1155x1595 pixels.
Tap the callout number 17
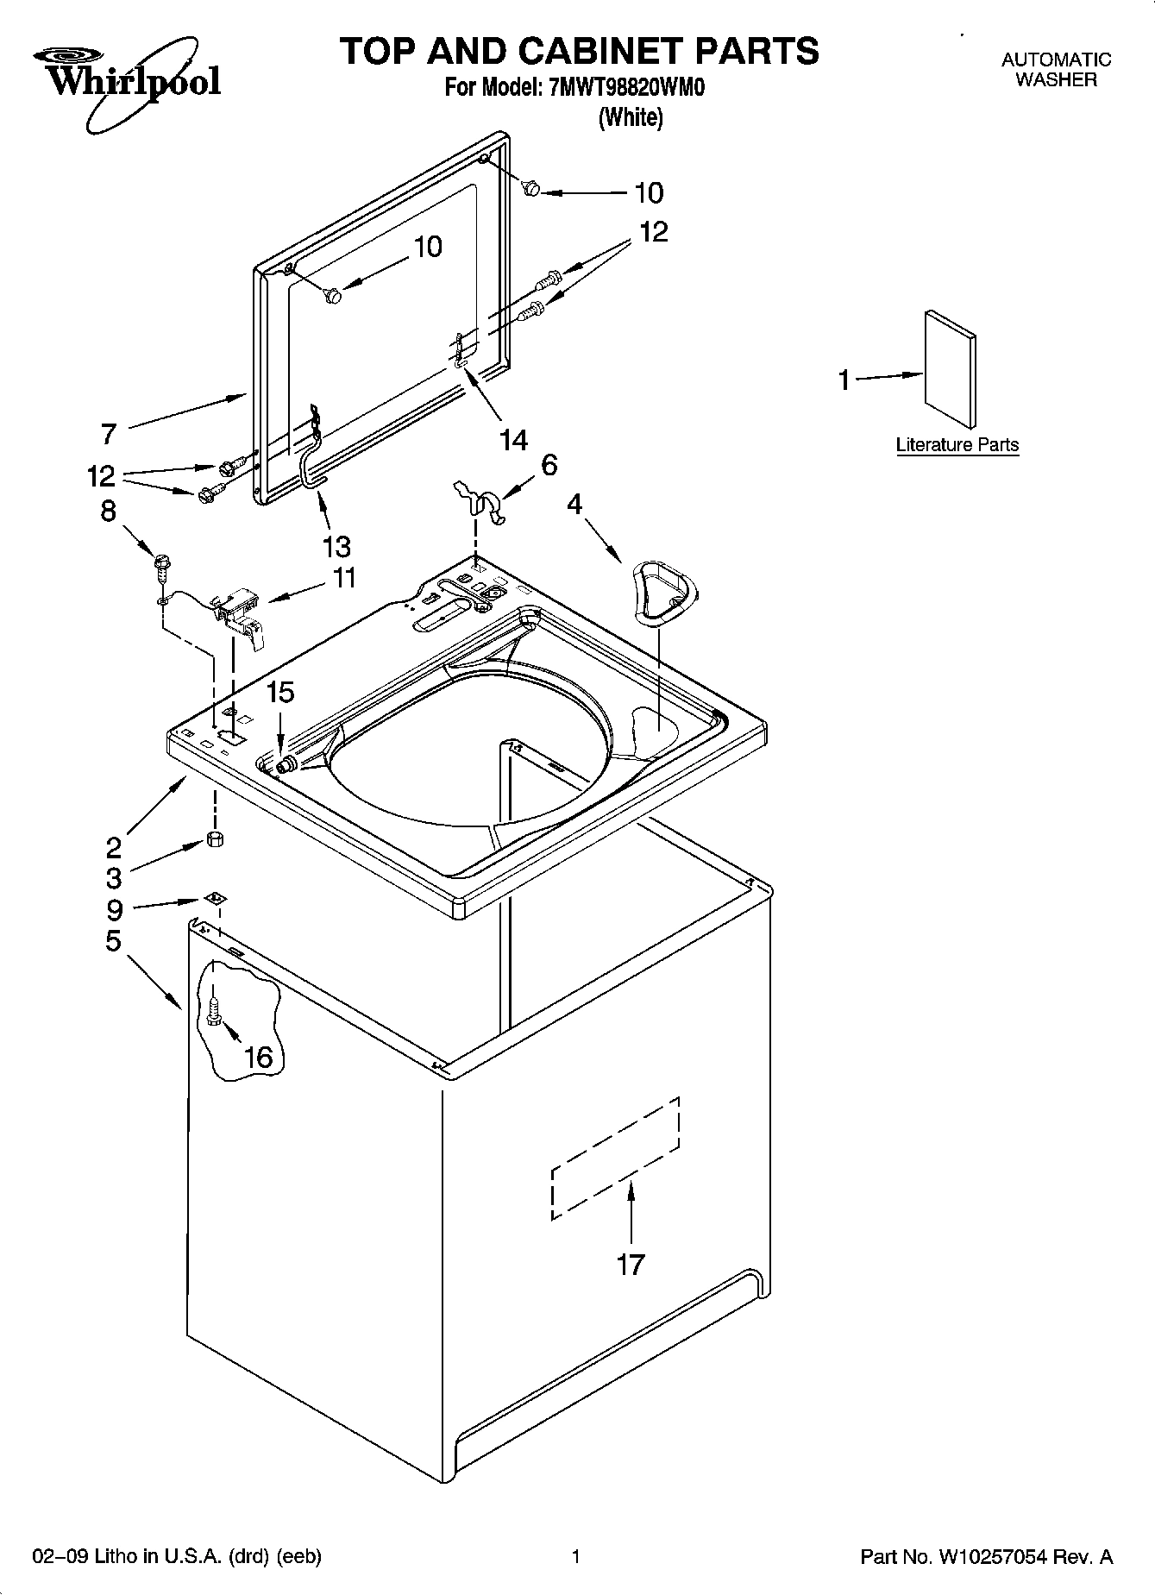coord(631,1265)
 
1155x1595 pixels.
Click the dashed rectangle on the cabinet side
coord(615,1159)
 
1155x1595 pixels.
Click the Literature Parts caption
coord(957,445)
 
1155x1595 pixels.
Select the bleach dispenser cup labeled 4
coord(662,590)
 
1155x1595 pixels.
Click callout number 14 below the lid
coord(513,440)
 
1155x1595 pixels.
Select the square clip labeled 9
coord(214,899)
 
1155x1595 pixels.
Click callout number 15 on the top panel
coord(279,692)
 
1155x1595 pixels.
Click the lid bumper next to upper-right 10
coord(532,187)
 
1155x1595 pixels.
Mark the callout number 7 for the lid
coord(108,433)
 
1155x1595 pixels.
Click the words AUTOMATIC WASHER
coord(1055,69)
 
